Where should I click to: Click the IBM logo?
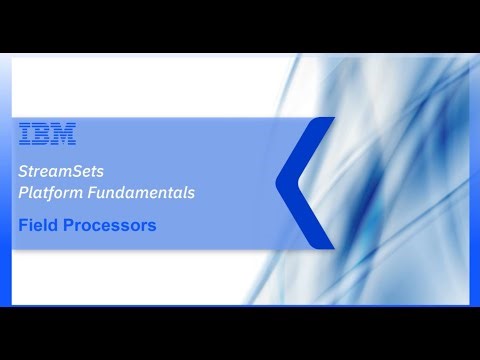click(47, 133)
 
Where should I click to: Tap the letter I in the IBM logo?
click(25, 133)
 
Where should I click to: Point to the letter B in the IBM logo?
click(43, 133)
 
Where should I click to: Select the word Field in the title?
click(38, 225)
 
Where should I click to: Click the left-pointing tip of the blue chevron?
click(278, 182)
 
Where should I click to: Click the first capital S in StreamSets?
click(23, 171)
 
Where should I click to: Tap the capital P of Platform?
click(23, 190)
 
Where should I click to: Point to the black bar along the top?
click(240, 25)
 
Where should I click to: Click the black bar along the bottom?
click(240, 333)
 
